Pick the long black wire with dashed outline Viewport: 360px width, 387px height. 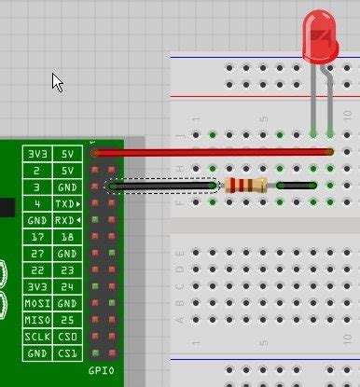163,186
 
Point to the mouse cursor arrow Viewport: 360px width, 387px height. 58,82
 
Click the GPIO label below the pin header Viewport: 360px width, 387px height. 100,370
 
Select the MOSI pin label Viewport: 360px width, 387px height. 37,303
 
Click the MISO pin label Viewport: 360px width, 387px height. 37,320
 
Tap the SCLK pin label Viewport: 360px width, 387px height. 37,337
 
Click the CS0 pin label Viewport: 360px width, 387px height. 67,337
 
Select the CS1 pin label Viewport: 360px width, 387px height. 67,353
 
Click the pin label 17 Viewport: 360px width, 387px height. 37,237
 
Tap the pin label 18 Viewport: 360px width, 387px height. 67,237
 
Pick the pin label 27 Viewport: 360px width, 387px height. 37,254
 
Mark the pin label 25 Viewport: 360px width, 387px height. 67,320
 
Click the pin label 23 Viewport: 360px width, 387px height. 67,270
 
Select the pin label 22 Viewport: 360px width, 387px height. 37,270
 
